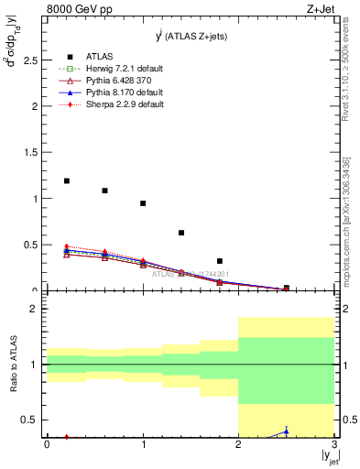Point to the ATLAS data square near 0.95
tap(143, 203)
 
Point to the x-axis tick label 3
tap(334, 444)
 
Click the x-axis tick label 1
tap(143, 444)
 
